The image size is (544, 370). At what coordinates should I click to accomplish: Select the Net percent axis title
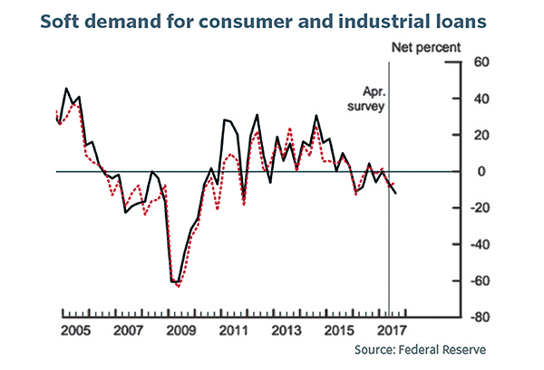click(x=426, y=47)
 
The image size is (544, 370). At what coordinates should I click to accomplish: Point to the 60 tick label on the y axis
click(x=481, y=62)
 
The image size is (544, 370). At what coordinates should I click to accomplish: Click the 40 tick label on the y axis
click(x=481, y=99)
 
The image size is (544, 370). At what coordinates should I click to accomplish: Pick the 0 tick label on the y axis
click(x=481, y=171)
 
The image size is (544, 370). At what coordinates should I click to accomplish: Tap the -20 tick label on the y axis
click(x=480, y=208)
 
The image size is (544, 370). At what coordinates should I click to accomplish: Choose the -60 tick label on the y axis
click(x=480, y=280)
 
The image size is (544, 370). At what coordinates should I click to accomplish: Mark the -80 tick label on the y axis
click(x=480, y=317)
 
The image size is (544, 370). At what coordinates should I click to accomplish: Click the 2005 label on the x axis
click(x=75, y=330)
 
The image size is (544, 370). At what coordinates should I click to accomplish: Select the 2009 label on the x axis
click(x=180, y=330)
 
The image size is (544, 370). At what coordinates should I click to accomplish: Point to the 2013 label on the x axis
click(x=287, y=330)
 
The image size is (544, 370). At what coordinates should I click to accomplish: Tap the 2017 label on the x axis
click(x=392, y=330)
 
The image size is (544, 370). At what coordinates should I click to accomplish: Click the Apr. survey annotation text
click(x=366, y=100)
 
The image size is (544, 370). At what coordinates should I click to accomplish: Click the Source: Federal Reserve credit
click(x=420, y=349)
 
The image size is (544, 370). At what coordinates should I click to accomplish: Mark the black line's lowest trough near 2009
click(x=178, y=282)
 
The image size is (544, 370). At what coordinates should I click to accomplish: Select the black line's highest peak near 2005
click(x=66, y=89)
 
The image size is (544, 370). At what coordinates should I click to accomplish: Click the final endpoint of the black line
click(x=396, y=193)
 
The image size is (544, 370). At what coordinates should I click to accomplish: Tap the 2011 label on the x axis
click(x=234, y=330)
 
